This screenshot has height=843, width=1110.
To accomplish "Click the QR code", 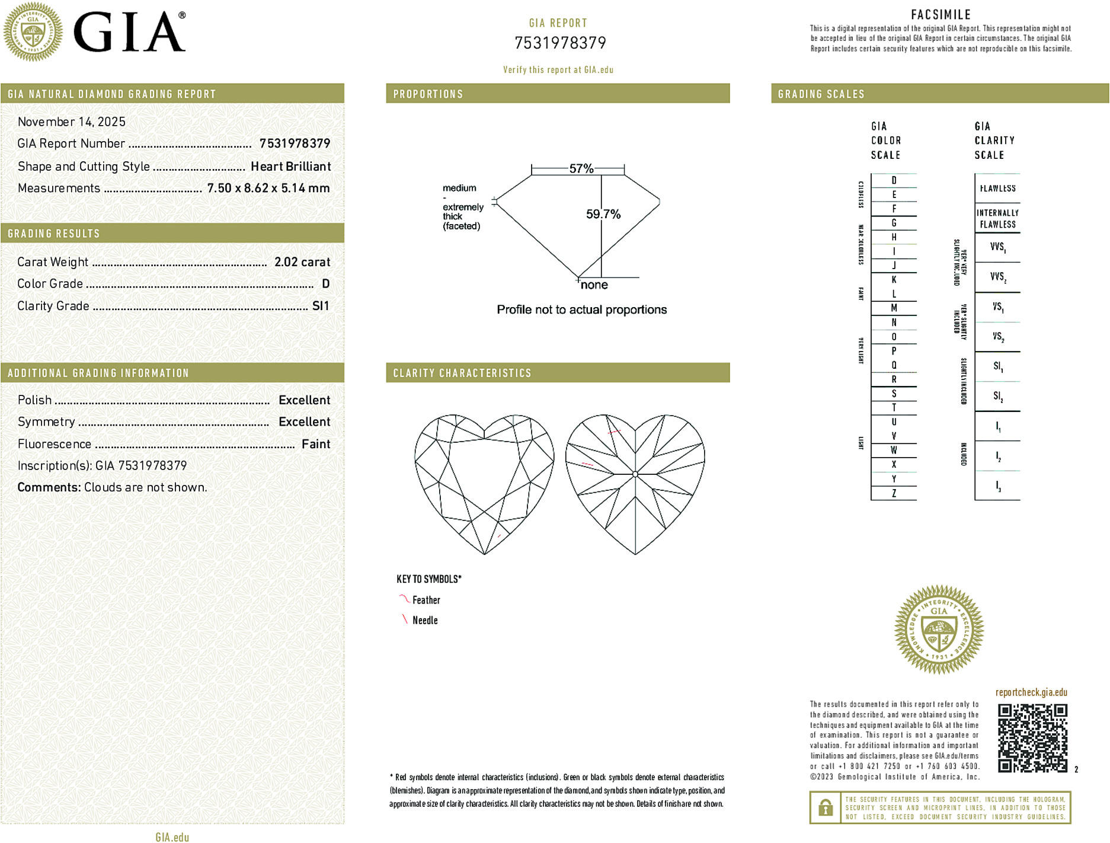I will pos(1032,738).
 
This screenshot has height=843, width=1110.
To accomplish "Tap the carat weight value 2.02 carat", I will pos(302,262).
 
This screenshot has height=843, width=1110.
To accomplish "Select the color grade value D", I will pos(325,284).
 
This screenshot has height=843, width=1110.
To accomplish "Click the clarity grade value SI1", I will pos(320,306).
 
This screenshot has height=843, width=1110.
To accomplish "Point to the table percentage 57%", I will pos(581,169).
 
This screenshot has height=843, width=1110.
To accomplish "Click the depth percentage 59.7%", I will pos(603,214).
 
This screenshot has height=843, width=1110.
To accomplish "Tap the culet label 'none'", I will pos(594,285).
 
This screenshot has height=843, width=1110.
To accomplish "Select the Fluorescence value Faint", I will pos(315,444).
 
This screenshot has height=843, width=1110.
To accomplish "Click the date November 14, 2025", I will pos(72,122).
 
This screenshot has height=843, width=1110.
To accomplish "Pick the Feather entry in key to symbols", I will pos(426,600).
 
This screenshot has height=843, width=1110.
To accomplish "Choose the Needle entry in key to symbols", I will pos(424,620).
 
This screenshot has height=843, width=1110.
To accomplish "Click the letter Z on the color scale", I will pos(894,493).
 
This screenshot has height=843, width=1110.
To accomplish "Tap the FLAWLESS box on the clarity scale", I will pos(997,189).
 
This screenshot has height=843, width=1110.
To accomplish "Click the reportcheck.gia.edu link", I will pos(1031,692).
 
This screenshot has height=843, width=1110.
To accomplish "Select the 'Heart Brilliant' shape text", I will pos(290,167).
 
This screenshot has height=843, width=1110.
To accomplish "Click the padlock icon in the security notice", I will pos(825,807).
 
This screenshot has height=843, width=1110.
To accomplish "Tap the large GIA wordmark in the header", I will pos(129,33).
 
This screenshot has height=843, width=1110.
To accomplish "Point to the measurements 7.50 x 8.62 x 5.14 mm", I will pos(268,189).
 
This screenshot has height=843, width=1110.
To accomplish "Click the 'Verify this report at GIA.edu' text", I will pos(558,70).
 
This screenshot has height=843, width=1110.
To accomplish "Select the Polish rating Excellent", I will pos(304,400).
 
